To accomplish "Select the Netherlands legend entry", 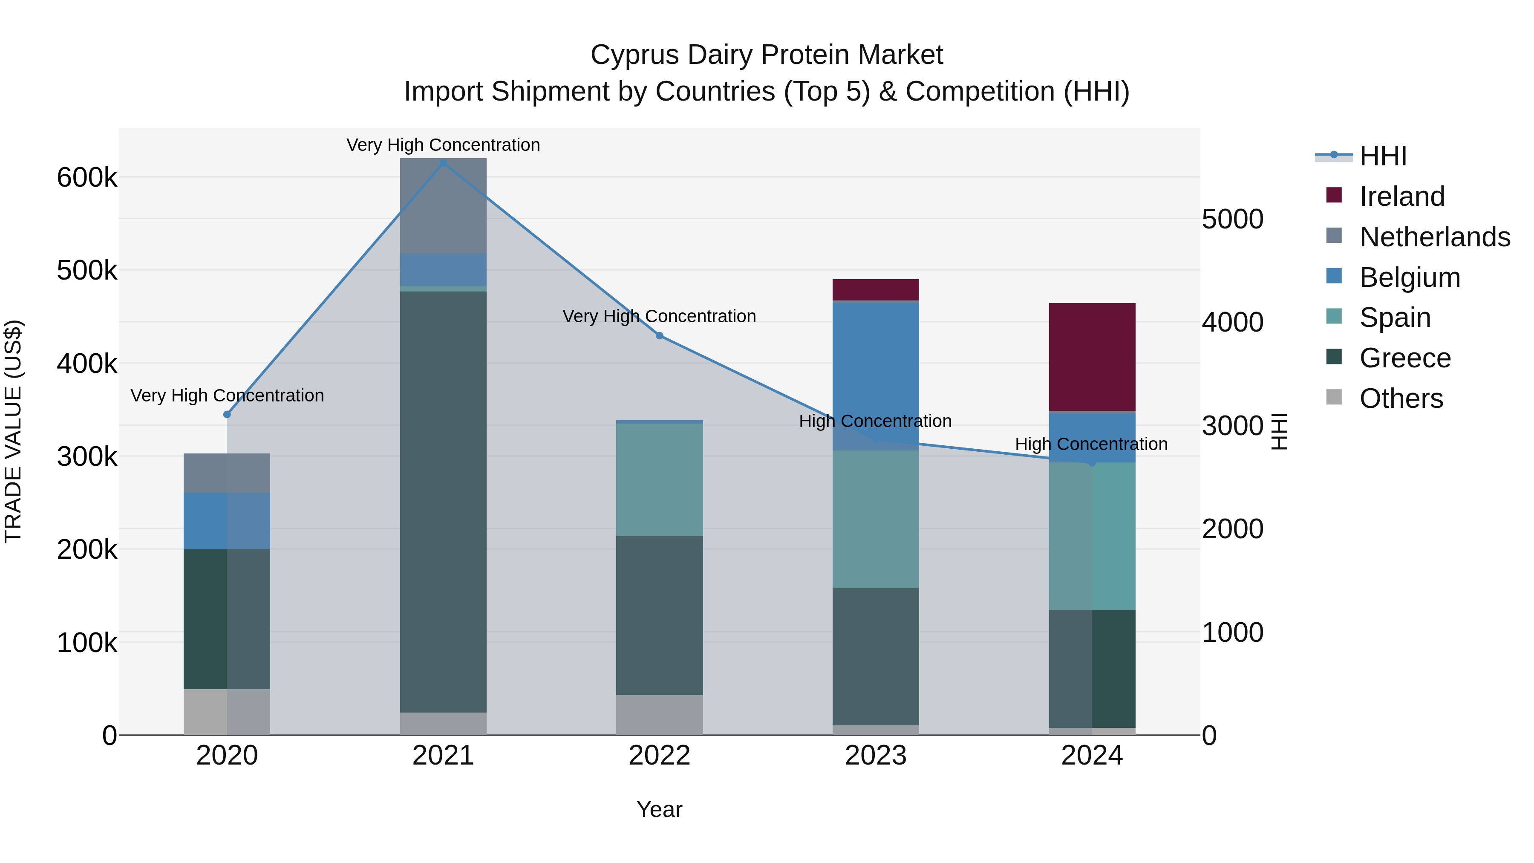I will [x=1434, y=237].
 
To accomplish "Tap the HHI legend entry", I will [x=1382, y=156].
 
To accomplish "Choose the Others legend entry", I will [x=1401, y=398].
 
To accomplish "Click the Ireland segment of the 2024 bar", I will [x=1092, y=357].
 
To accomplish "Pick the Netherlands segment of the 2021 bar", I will [x=443, y=205].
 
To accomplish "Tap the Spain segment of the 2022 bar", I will [x=659, y=479].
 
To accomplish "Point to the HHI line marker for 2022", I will [x=659, y=336].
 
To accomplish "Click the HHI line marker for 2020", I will [x=227, y=415].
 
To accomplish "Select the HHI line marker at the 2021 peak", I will [x=443, y=163].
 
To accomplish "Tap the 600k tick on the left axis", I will [x=87, y=177].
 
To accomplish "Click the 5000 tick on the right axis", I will [x=1232, y=219].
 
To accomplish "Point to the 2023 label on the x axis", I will [x=875, y=756].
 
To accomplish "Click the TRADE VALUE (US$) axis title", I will [x=13, y=431].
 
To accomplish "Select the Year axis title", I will [x=659, y=809].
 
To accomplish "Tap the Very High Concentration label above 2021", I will [x=443, y=145].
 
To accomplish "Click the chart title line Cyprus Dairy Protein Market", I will [x=767, y=55].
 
